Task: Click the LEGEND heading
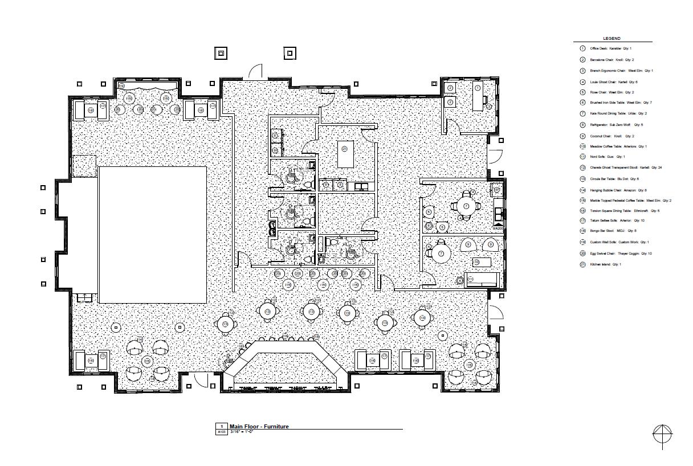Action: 613,38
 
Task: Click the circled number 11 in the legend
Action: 582,157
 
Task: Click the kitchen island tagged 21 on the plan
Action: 345,154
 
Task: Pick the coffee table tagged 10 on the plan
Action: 482,261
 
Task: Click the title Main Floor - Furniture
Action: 259,426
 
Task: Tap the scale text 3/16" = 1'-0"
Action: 241,432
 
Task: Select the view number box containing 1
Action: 221,426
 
